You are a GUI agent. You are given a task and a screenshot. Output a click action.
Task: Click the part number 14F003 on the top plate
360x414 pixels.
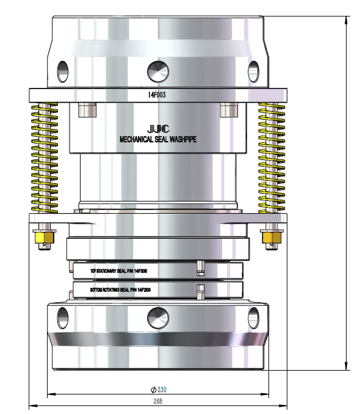point(157,95)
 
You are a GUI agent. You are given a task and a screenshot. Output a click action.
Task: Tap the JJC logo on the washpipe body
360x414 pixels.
point(157,129)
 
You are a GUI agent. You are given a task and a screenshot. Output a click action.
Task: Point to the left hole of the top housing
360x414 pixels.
point(62,71)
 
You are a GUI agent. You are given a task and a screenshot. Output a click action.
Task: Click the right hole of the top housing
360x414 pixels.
point(254,71)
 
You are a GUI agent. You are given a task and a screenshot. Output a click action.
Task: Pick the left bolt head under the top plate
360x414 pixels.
point(87,109)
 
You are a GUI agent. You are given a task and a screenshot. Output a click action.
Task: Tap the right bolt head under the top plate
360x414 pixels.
point(228,109)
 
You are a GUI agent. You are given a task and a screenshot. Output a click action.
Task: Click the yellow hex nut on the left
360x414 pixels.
point(43,237)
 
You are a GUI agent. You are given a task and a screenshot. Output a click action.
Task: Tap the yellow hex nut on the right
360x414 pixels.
point(272,237)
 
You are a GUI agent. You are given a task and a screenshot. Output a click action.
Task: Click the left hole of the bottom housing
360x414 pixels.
point(62,316)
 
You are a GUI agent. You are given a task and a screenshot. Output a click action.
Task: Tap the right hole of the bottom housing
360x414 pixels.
point(253,316)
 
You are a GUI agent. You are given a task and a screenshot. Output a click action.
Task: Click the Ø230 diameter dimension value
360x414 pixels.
point(159,390)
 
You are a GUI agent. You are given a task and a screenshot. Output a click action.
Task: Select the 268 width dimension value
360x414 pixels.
point(158,401)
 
